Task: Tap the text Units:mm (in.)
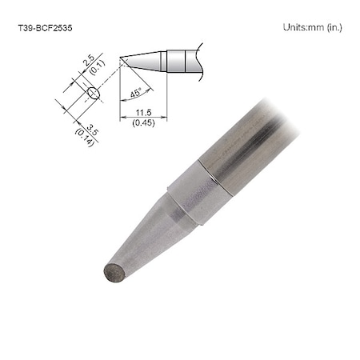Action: pyautogui.click(x=312, y=26)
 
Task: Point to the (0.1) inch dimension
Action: pyautogui.click(x=96, y=70)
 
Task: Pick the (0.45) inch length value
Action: pyautogui.click(x=145, y=124)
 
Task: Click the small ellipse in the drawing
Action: pyautogui.click(x=92, y=94)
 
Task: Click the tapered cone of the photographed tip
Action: pyautogui.click(x=152, y=236)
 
